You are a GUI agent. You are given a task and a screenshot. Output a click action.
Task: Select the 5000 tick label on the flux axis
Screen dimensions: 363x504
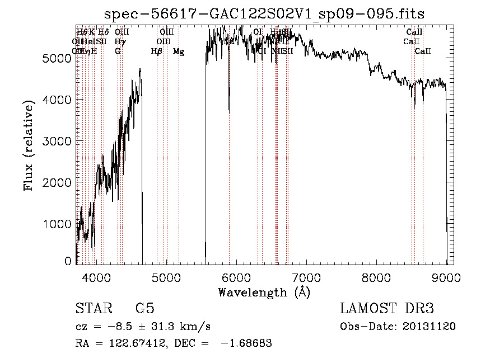tap(57, 58)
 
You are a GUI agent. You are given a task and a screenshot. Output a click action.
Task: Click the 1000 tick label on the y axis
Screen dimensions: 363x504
tap(57, 224)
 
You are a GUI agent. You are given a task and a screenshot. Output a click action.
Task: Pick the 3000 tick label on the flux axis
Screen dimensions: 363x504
tap(57, 141)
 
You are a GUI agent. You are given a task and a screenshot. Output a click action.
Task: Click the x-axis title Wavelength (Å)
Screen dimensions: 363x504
tap(264, 292)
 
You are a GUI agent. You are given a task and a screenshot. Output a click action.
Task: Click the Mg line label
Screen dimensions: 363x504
tap(179, 51)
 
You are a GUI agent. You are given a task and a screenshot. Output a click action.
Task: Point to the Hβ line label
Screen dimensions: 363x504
tap(157, 51)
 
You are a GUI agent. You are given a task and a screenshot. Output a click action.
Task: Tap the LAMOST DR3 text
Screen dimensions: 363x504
tap(386, 309)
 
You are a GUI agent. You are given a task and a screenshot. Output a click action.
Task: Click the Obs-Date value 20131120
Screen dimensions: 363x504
tap(430, 327)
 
